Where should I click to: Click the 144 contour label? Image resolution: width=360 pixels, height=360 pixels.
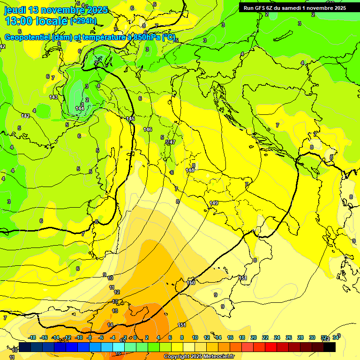[80, 108]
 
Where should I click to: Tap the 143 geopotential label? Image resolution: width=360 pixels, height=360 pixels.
[53, 97]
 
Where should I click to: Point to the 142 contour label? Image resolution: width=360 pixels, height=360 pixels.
[25, 116]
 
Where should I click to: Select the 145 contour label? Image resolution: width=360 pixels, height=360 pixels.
[130, 119]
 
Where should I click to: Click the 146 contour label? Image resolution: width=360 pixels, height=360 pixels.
[148, 129]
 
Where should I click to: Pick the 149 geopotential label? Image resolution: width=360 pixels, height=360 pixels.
[214, 203]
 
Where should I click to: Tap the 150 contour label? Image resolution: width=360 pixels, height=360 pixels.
[191, 283]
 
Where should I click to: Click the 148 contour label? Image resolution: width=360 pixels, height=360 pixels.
[190, 170]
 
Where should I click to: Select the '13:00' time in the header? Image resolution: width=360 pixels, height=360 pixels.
[20, 21]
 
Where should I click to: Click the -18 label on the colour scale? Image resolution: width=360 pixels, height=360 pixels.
[32, 337]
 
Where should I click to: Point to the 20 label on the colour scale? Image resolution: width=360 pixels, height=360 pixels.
[254, 337]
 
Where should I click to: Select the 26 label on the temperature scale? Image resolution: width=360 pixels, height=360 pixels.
[289, 337]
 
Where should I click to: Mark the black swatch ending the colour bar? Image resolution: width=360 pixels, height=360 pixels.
[329, 347]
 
